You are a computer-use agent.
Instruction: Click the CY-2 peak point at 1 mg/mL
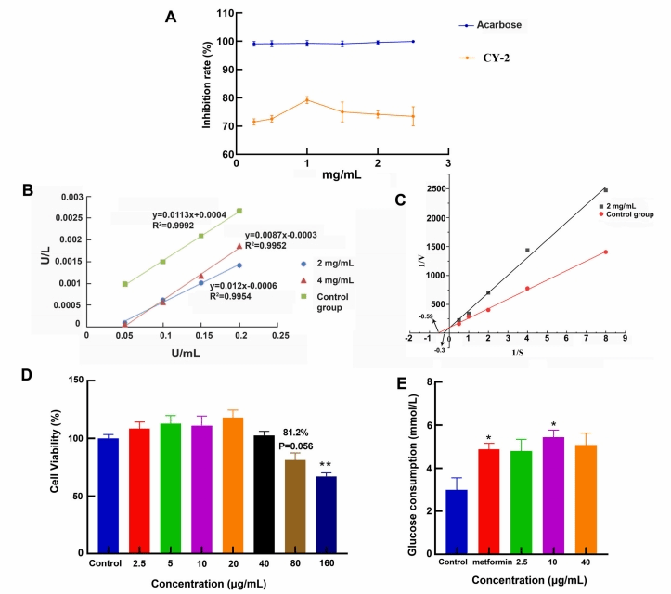306,99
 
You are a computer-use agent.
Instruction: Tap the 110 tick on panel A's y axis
228,15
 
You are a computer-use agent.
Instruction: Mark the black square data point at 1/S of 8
605,189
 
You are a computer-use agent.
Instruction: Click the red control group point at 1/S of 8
605,252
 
